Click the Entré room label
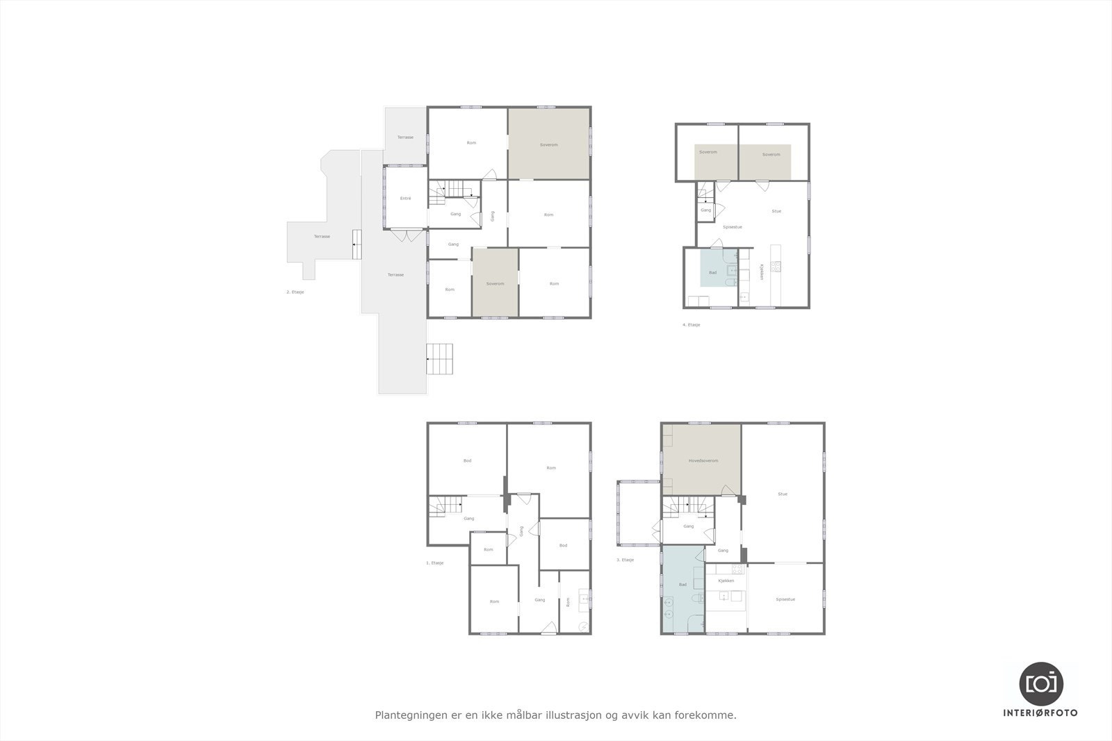click(405, 199)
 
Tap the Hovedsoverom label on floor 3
click(703, 461)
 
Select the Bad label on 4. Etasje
click(712, 273)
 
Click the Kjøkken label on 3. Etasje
click(726, 581)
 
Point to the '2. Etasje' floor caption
click(295, 292)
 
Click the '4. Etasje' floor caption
click(691, 325)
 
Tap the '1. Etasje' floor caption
click(434, 563)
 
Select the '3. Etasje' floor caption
click(625, 560)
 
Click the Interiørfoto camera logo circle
click(1040, 683)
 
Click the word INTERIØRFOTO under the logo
click(1040, 713)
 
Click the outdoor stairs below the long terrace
click(440, 359)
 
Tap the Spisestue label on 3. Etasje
click(785, 599)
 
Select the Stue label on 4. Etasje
click(776, 211)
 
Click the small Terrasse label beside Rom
click(405, 138)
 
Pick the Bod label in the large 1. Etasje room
click(467, 460)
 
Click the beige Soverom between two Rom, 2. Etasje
click(495, 283)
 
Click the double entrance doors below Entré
click(406, 235)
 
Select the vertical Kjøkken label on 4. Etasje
click(762, 272)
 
